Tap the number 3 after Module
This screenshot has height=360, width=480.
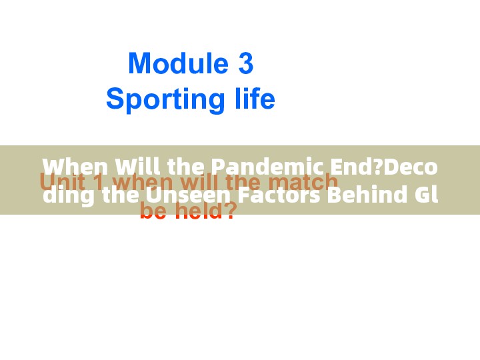pyautogui.click(x=245, y=64)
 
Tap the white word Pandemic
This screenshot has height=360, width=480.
pyautogui.click(x=266, y=166)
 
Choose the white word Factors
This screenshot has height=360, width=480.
pyautogui.click(x=281, y=195)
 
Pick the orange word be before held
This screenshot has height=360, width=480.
pyautogui.click(x=153, y=212)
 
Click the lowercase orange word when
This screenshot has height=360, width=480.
pyautogui.click(x=148, y=182)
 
